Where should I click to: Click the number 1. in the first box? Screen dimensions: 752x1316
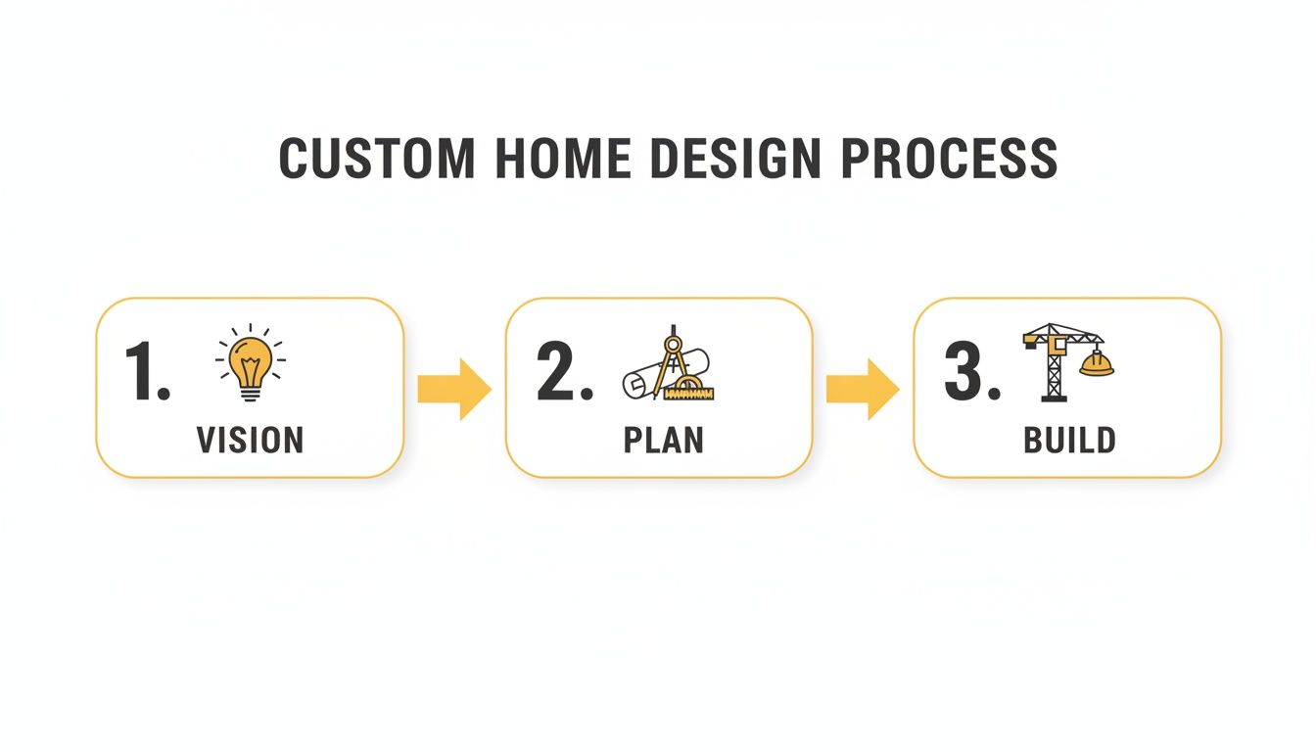148,372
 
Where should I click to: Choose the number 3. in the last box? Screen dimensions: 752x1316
972,372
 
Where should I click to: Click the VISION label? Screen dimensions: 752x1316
250,440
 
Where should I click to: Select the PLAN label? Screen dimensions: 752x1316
663,440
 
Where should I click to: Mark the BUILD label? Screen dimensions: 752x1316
1069,440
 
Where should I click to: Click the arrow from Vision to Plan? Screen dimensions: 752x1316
453,389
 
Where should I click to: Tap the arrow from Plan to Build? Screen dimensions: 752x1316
862,389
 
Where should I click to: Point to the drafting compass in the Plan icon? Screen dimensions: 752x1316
671,358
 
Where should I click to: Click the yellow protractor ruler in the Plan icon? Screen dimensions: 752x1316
690,390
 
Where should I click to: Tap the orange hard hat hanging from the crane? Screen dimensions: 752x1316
1097,364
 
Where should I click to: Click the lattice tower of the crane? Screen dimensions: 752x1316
1054,377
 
